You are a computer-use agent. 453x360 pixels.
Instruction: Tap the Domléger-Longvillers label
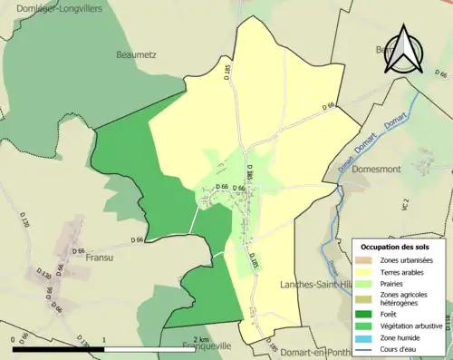[x=51, y=7]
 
